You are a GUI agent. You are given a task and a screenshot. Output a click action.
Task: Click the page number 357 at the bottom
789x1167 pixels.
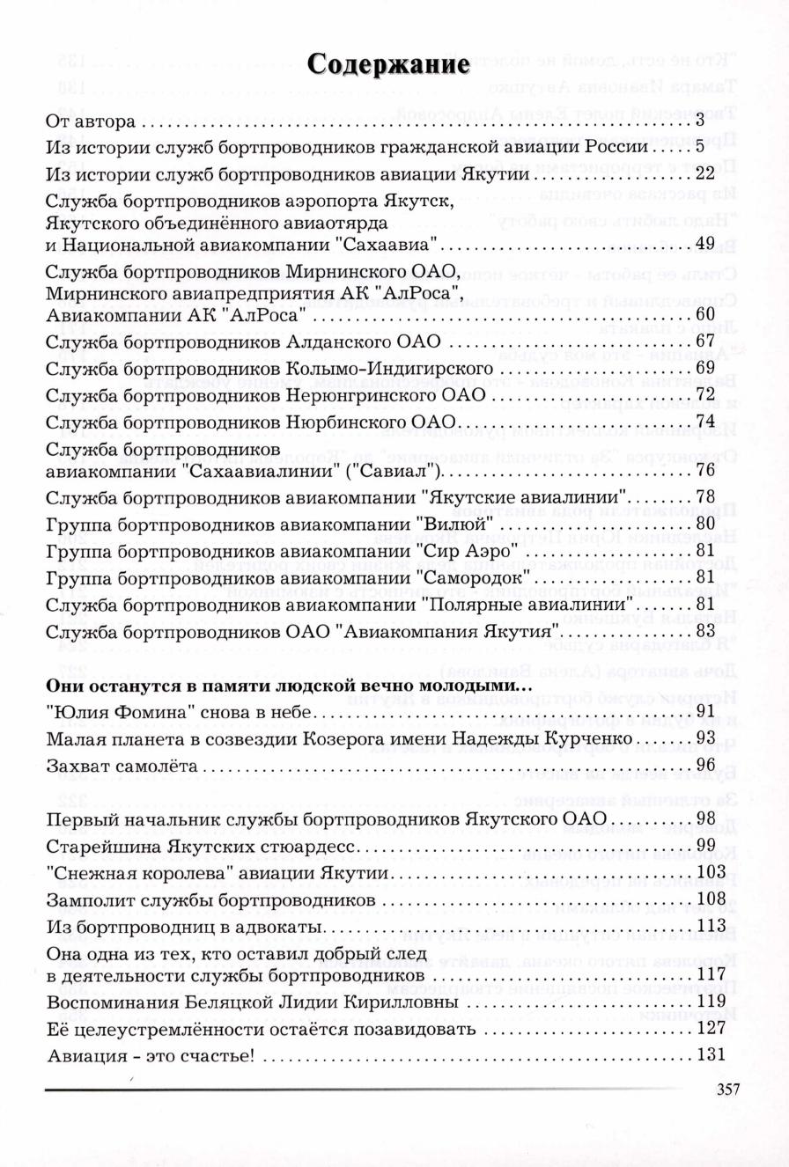[727, 1089]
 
